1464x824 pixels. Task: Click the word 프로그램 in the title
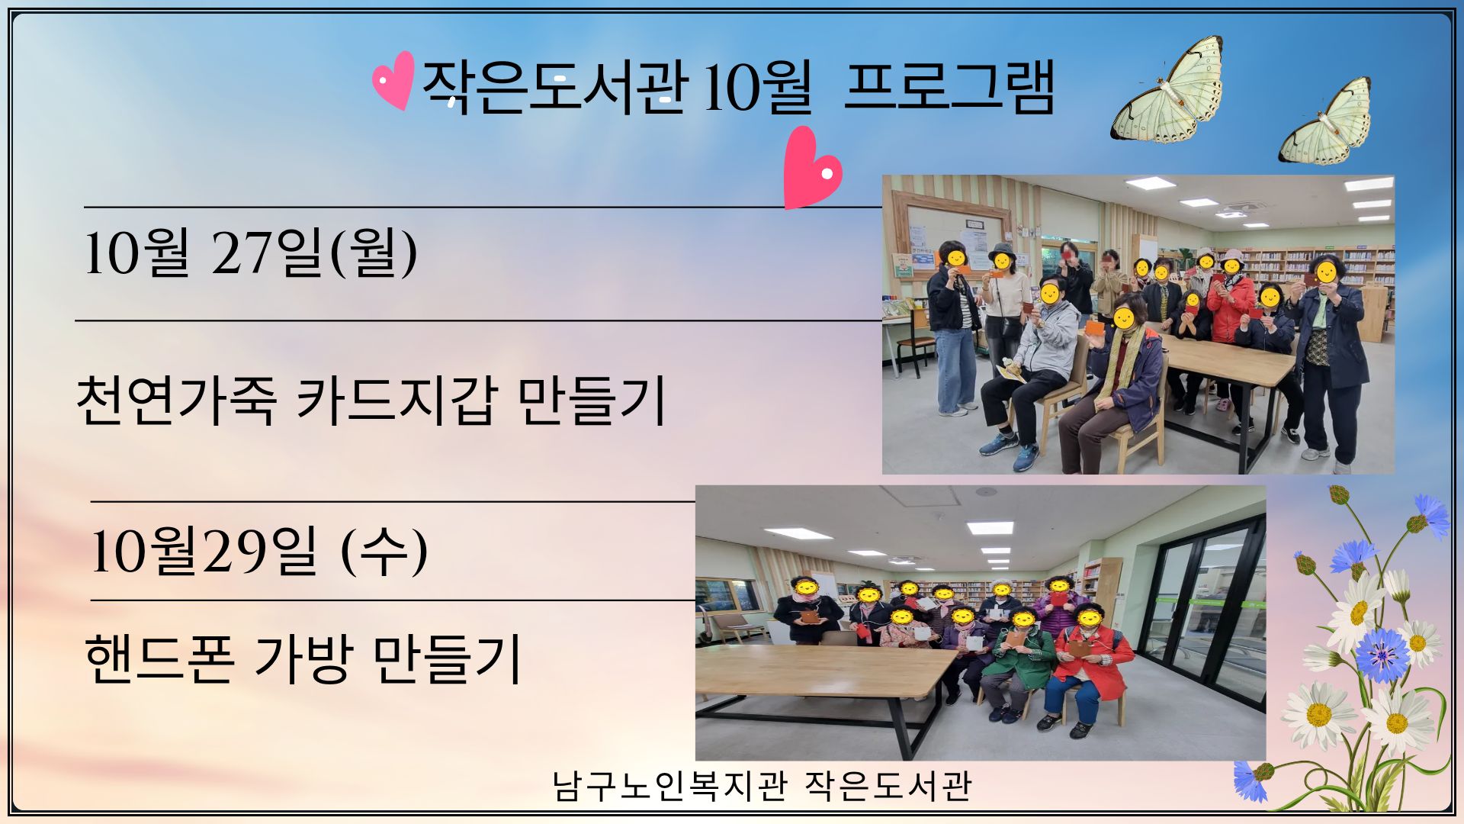click(949, 87)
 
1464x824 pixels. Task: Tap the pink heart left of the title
click(394, 80)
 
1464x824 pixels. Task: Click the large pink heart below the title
click(811, 168)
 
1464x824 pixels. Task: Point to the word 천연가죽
click(176, 399)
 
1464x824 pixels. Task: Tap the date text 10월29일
click(203, 551)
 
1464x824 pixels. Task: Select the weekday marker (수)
click(384, 551)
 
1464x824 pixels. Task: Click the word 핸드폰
click(159, 658)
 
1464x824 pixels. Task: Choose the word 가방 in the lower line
click(303, 658)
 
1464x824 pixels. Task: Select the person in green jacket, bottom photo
click(1018, 671)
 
